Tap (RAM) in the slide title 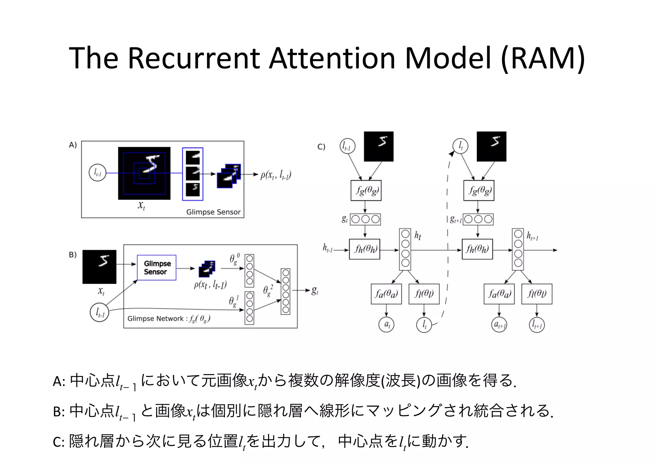(543, 58)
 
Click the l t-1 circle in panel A (97, 173)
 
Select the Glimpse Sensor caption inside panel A (213, 212)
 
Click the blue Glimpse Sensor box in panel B (156, 267)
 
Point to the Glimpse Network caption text (169, 318)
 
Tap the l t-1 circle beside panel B (99, 312)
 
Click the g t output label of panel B (315, 291)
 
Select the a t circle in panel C (386, 324)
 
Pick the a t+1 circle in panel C (499, 325)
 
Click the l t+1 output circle (537, 325)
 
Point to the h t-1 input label (328, 248)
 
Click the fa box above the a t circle (386, 294)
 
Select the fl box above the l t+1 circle (537, 294)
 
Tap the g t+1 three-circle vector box (478, 219)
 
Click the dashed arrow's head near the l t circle (452, 154)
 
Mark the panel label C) (321, 147)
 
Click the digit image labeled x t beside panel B (99, 267)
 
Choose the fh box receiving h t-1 (365, 249)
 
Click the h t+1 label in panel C (533, 236)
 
